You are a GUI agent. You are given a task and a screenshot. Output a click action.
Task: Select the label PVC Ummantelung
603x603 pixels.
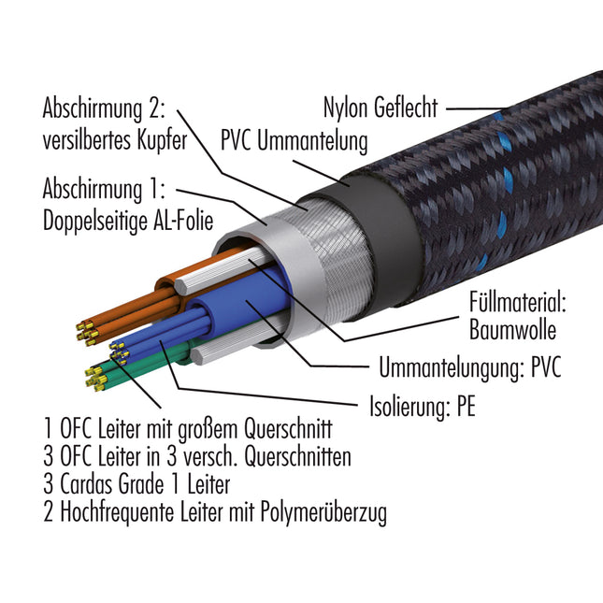point(294,141)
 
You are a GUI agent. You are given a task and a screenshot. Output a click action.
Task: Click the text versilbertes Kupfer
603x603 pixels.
point(115,141)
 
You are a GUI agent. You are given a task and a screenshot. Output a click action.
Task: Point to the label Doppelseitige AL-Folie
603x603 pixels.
point(128,222)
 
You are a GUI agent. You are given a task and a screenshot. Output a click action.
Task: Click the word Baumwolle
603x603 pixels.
point(512,330)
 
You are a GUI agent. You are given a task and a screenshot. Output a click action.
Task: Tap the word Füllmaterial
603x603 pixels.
point(517,303)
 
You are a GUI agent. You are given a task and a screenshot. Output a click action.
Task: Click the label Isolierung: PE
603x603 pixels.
point(423,407)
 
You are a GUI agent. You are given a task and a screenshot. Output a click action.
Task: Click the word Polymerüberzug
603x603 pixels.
point(323,513)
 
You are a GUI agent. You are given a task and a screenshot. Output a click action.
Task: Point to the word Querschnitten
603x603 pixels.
point(297,457)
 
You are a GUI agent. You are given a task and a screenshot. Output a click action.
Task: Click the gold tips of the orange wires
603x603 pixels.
point(86,333)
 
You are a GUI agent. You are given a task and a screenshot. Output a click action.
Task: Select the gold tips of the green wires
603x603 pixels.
point(95,379)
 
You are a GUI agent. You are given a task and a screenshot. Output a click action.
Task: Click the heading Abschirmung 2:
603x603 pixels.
point(104,108)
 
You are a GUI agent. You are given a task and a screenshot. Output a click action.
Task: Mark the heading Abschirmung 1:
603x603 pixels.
point(104,189)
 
